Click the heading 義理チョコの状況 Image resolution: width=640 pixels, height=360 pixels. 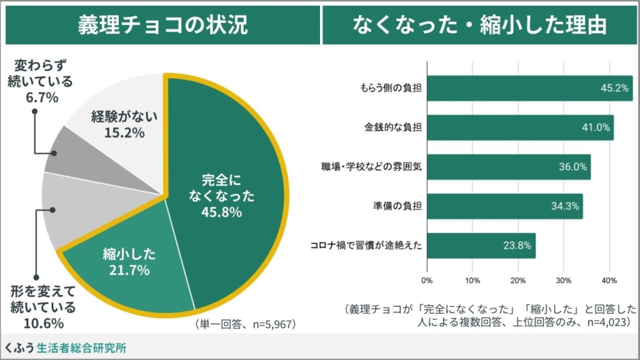click(162, 25)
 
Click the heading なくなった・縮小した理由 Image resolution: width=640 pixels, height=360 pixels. click(479, 25)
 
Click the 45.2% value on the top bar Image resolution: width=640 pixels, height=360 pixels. click(614, 88)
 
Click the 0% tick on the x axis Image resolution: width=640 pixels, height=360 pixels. click(427, 279)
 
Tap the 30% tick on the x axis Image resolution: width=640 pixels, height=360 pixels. click(564, 279)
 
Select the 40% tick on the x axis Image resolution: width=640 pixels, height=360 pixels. click(609, 279)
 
